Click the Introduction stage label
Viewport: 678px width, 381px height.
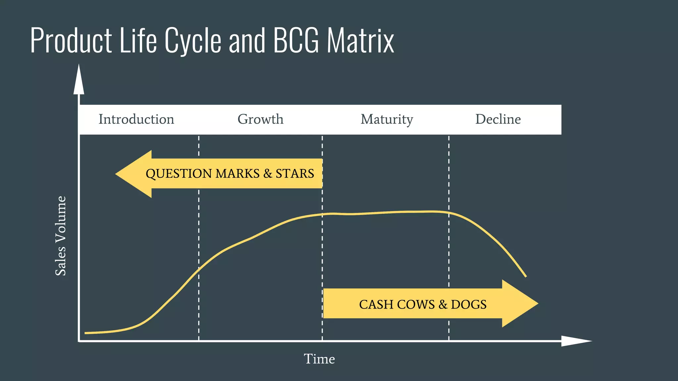pos(136,119)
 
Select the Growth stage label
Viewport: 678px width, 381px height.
pos(261,119)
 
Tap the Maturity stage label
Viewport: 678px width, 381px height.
pos(387,119)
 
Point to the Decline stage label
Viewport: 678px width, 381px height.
pos(498,119)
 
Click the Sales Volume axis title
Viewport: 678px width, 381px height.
pos(61,236)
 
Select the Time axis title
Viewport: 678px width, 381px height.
pos(319,359)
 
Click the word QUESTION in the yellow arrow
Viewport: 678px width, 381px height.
pos(179,174)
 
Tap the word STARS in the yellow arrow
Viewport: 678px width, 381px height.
pos(295,174)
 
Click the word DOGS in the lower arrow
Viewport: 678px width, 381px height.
pos(468,305)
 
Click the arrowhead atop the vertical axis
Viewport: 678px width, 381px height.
pos(79,79)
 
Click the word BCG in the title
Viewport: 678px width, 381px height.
pos(296,40)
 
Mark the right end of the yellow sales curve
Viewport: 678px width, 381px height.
pos(525,276)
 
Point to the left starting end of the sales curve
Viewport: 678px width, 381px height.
pos(86,333)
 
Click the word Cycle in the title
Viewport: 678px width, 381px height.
pos(193,40)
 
